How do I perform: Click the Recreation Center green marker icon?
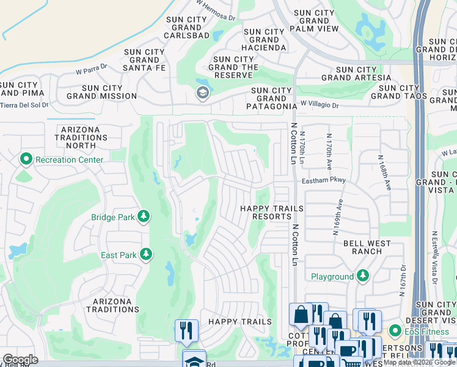26,160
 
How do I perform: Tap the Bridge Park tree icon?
144,217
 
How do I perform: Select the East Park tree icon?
145,254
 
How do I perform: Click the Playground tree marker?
364,276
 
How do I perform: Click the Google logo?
20,360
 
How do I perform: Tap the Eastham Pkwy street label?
324,180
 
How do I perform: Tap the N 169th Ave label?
337,217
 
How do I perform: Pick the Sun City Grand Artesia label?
356,74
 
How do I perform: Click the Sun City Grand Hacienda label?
264,40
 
